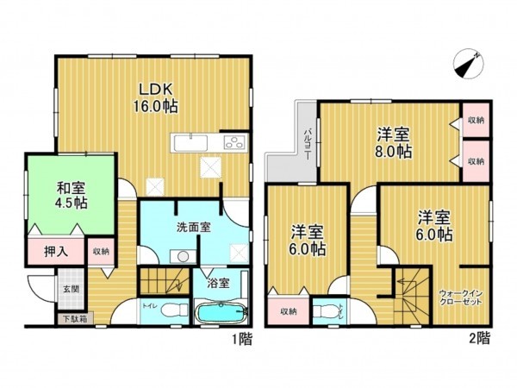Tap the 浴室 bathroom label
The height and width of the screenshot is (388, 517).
pyautogui.click(x=216, y=282)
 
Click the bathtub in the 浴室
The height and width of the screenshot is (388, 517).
pyautogui.click(x=221, y=312)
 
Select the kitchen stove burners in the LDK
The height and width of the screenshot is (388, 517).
pyautogui.click(x=233, y=143)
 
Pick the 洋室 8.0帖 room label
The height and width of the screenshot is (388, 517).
pyautogui.click(x=393, y=142)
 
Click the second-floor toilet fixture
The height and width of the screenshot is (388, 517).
pyautogui.click(x=326, y=310)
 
